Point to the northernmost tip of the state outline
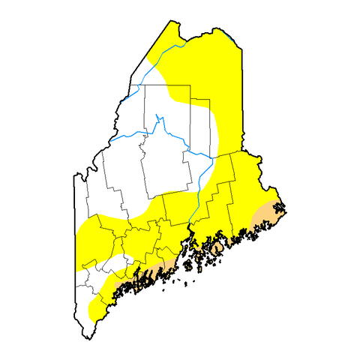tap(172, 22)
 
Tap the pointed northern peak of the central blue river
tap(157, 115)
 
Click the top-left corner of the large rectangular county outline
tap(144, 85)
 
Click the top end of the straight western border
tap(74, 177)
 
